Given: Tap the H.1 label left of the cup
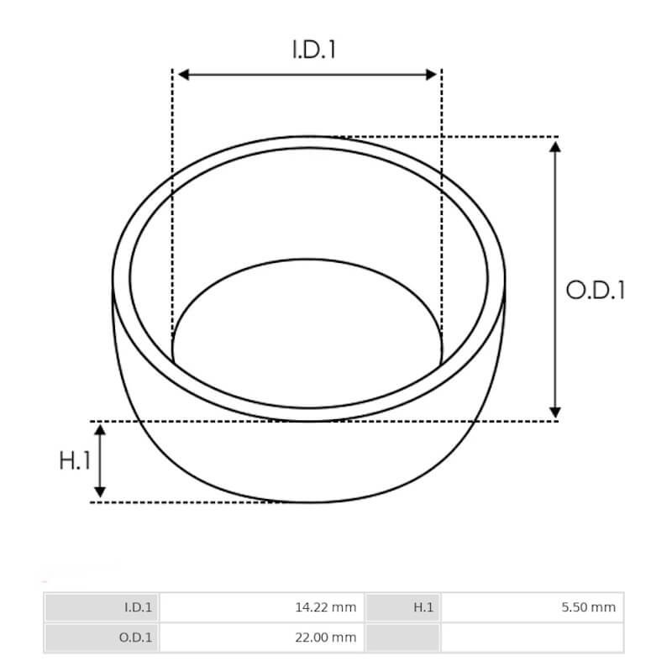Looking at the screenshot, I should (74, 460).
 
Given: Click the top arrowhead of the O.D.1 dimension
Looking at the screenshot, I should (554, 147).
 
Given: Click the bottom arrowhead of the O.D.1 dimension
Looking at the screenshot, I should (554, 411).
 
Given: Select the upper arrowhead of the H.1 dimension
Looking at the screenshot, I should (100, 431).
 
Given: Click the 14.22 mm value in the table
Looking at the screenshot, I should (325, 607).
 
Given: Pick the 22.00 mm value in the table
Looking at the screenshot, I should (325, 638).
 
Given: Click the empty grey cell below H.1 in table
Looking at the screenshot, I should (402, 638).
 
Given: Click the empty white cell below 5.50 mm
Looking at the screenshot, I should (532, 638).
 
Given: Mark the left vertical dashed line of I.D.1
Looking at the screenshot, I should (172, 210).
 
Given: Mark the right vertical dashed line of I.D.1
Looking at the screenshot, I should (442, 210).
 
